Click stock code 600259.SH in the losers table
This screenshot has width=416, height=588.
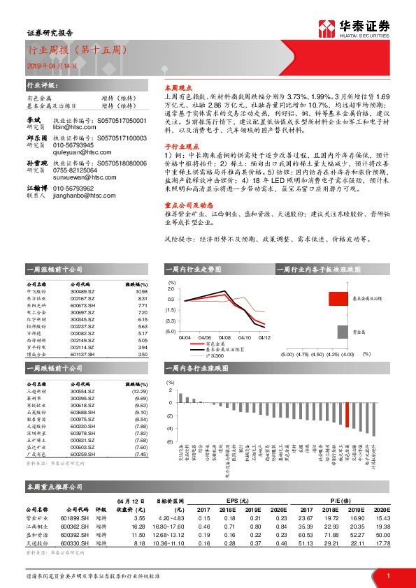click(x=83, y=455)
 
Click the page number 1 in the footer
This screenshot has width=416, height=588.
click(x=387, y=575)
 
